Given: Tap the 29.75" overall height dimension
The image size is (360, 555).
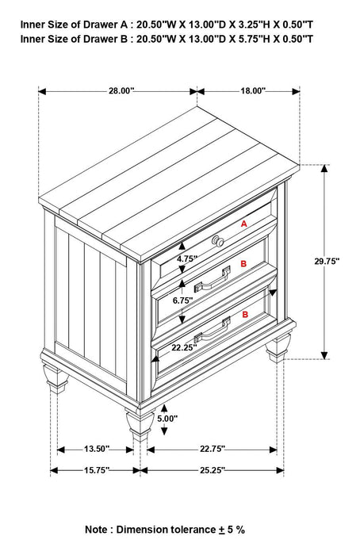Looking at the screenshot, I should point(326,261).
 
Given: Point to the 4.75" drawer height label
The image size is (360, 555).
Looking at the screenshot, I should point(186,258).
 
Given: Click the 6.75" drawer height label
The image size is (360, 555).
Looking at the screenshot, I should point(184,301).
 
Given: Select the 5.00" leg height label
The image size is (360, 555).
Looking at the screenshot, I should point(167,418).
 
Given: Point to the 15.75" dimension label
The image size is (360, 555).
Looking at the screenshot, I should point(95,470).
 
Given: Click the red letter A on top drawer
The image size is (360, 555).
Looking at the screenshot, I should point(243,225).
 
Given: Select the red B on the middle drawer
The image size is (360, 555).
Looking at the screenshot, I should point(243,263).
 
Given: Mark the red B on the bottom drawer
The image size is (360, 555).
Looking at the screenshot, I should point(245,315).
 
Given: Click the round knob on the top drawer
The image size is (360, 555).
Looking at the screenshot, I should point(219,240).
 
